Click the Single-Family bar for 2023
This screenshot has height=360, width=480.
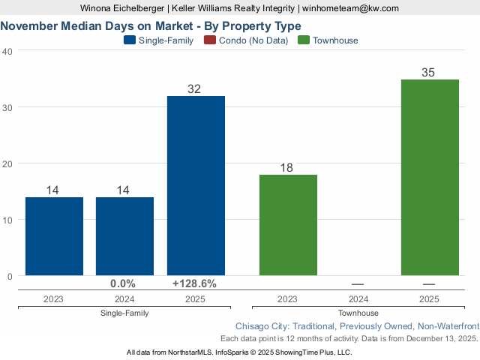point(54,236)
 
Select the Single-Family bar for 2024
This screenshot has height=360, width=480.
point(124,236)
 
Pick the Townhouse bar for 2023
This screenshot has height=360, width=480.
point(288,225)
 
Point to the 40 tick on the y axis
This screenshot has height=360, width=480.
point(7,51)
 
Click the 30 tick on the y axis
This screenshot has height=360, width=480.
point(7,107)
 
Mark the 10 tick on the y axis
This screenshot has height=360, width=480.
point(7,220)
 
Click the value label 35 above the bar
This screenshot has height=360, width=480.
point(429,73)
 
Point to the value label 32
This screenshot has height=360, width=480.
point(195,89)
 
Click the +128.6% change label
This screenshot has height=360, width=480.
point(195,283)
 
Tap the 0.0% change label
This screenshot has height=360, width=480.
point(123,283)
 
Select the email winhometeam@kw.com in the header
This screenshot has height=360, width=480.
point(351,8)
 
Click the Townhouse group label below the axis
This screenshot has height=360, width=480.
point(358,313)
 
